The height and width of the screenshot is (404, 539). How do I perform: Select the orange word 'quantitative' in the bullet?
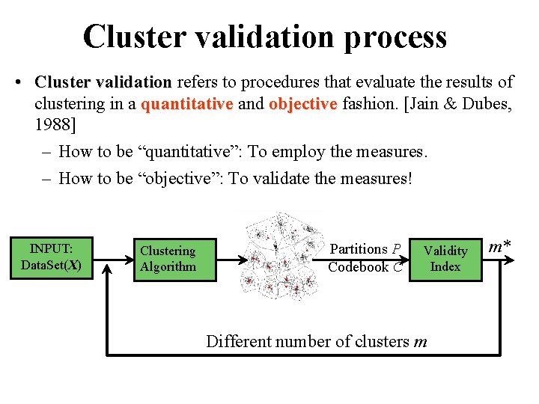pyautogui.click(x=186, y=104)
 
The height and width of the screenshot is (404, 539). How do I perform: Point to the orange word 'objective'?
pyautogui.click(x=303, y=104)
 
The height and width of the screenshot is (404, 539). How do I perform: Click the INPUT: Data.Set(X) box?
pyautogui.click(x=52, y=257)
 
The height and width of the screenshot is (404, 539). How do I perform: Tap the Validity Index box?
pyautogui.click(x=445, y=258)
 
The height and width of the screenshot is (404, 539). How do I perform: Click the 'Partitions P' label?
pyautogui.click(x=365, y=249)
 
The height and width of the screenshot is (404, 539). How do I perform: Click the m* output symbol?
pyautogui.click(x=500, y=246)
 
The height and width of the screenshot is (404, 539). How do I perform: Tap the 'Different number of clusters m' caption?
pyautogui.click(x=317, y=342)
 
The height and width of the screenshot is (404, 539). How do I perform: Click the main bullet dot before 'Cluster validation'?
pyautogui.click(x=16, y=81)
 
